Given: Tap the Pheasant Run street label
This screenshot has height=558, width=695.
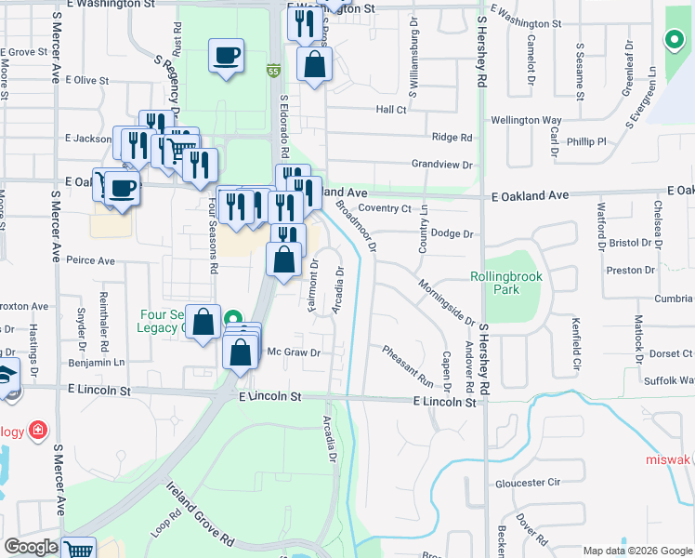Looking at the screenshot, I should click(x=408, y=365).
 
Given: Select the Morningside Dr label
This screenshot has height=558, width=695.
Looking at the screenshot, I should click(x=439, y=301).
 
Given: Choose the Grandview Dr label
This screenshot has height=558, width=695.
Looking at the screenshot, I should click(x=442, y=165).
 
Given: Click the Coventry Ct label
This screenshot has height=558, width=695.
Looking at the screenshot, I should click(x=384, y=208).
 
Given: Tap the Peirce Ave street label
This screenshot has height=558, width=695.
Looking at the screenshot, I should click(x=90, y=261).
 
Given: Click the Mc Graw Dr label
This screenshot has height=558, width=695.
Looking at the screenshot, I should click(x=294, y=352).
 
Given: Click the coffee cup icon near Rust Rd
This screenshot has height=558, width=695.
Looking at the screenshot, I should click(x=227, y=57).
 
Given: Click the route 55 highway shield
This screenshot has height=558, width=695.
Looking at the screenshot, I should click(x=272, y=71).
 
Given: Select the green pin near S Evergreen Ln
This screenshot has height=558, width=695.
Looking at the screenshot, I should click(x=673, y=40).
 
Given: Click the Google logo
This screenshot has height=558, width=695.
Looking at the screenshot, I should click(x=32, y=547).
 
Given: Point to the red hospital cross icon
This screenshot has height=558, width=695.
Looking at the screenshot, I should click(x=36, y=430).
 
